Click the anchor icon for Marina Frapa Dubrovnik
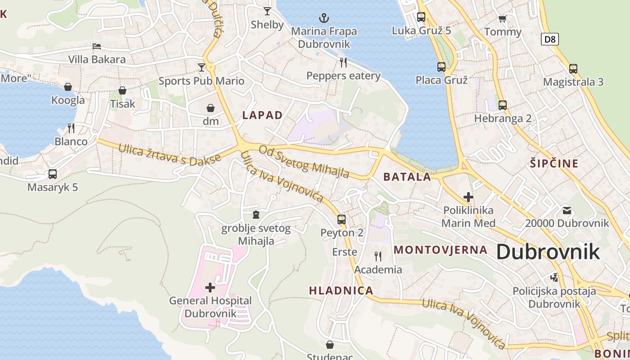[324, 18]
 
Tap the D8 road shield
[549, 39]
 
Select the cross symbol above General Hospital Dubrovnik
[210, 287]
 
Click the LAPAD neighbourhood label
[262, 115]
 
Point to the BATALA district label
[407, 177]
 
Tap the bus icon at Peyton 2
[342, 220]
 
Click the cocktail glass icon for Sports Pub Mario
[201, 67]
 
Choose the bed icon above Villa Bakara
[97, 46]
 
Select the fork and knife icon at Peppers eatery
[343, 62]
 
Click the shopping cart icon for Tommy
[503, 18]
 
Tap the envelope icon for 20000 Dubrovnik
[567, 210]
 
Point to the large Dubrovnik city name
[548, 252]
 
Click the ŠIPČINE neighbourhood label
[554, 163]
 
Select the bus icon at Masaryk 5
[53, 174]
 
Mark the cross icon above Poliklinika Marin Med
[468, 197]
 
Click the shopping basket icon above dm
[211, 108]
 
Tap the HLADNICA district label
[341, 291]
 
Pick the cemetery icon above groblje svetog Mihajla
[256, 215]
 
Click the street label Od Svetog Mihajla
[304, 162]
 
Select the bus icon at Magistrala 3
[573, 69]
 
